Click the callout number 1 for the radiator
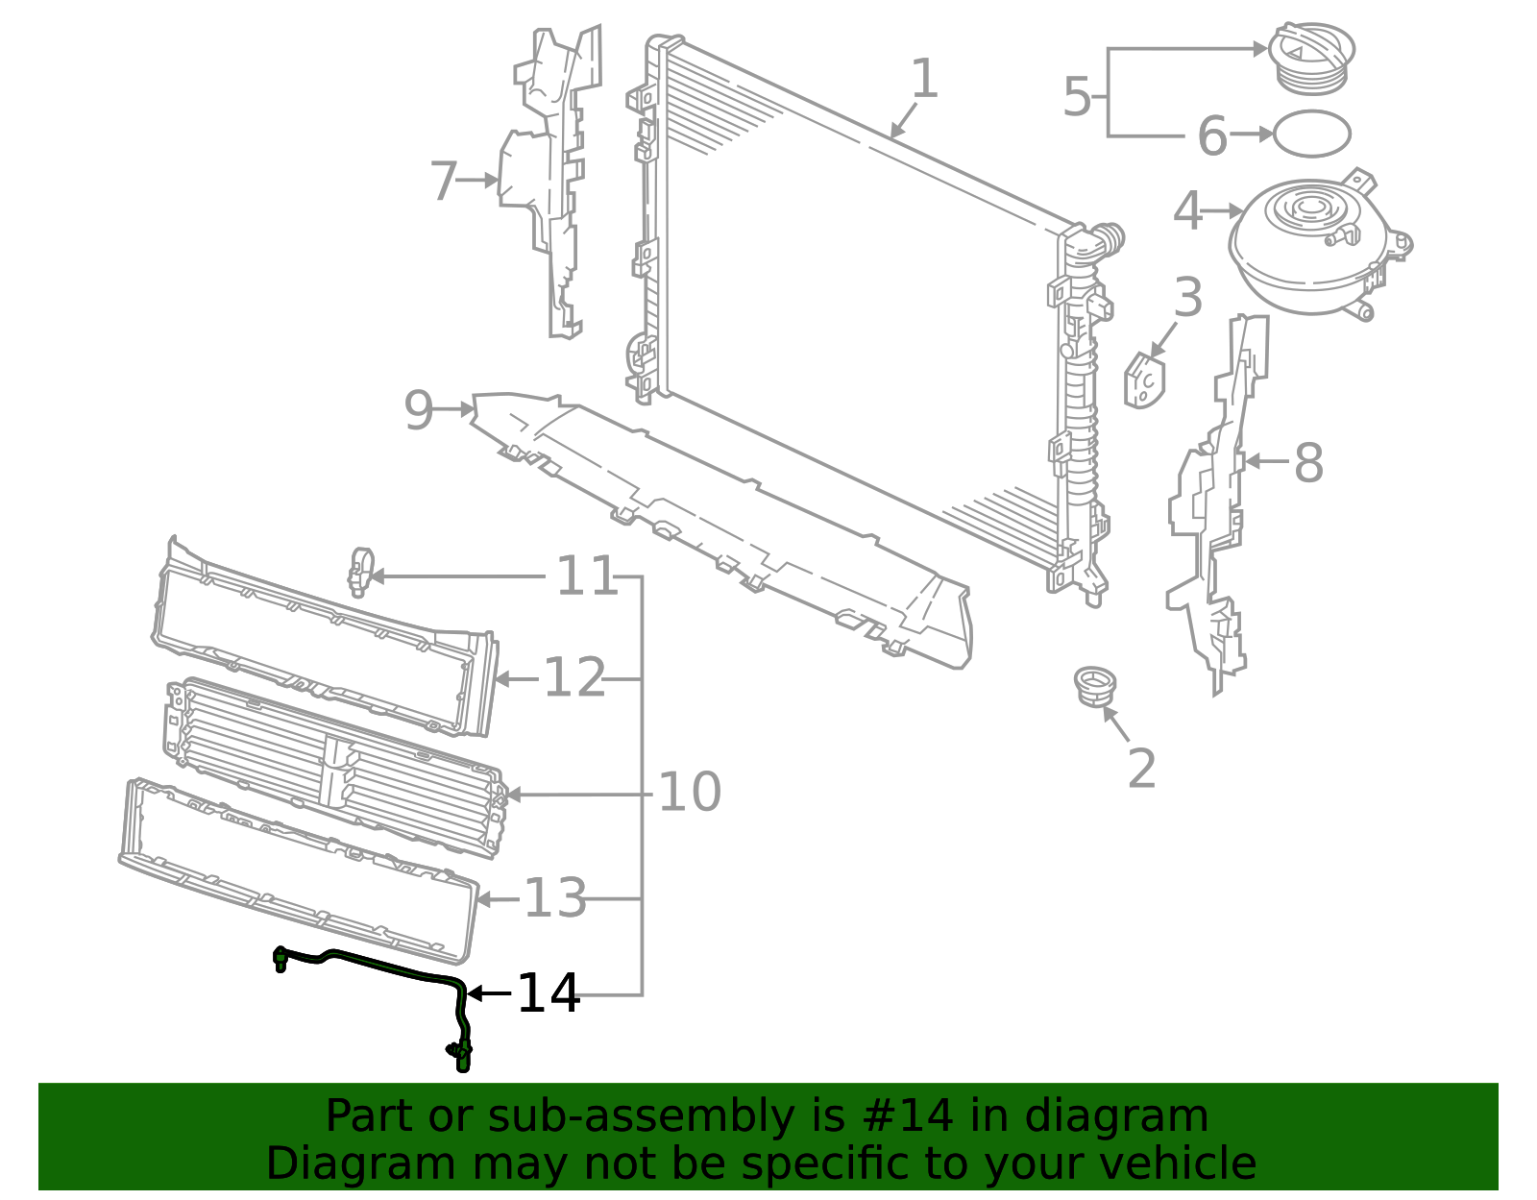coord(923,79)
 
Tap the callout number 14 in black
coord(549,993)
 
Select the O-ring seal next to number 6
coord(1311,134)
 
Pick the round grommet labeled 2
coord(1095,685)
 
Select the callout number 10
coord(689,793)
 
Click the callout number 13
coord(554,899)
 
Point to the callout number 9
coord(419,410)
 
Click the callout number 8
coord(1308,463)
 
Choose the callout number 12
coord(574,678)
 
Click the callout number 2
coord(1141,769)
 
